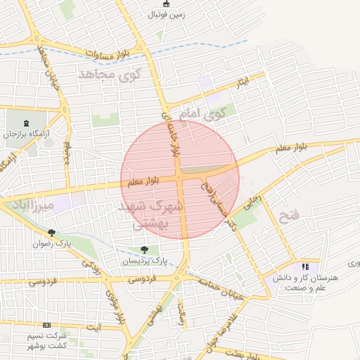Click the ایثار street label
point(243,83)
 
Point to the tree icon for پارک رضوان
point(51,233)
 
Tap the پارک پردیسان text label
point(143,261)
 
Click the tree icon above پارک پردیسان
point(144,250)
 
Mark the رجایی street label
point(251,202)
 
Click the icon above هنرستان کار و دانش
point(304,267)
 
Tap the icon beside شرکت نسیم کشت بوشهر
point(46,325)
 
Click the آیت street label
point(92,327)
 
